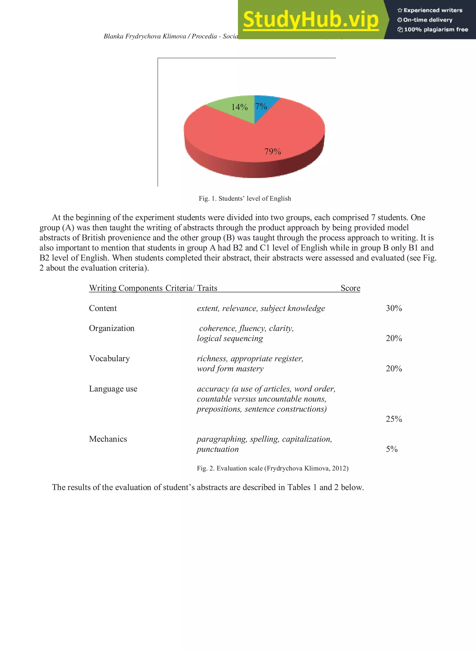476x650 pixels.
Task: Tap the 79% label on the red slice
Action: point(273,151)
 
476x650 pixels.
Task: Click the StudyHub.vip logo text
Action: point(311,20)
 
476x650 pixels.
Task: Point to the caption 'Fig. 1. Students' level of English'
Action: point(245,198)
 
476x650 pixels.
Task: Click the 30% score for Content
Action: point(393,308)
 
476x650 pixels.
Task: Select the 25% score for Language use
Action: point(393,419)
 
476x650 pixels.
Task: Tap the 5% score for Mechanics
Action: point(392,449)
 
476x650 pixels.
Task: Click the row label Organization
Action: point(112,328)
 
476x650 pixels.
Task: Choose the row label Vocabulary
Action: point(109,359)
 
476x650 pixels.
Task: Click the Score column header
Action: point(350,288)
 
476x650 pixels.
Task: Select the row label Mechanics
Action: point(108,439)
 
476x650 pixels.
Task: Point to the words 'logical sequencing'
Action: point(230,338)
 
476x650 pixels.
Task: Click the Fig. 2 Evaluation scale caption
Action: point(273,468)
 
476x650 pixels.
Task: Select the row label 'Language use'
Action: point(113,389)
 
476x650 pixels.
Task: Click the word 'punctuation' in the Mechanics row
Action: point(218,449)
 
